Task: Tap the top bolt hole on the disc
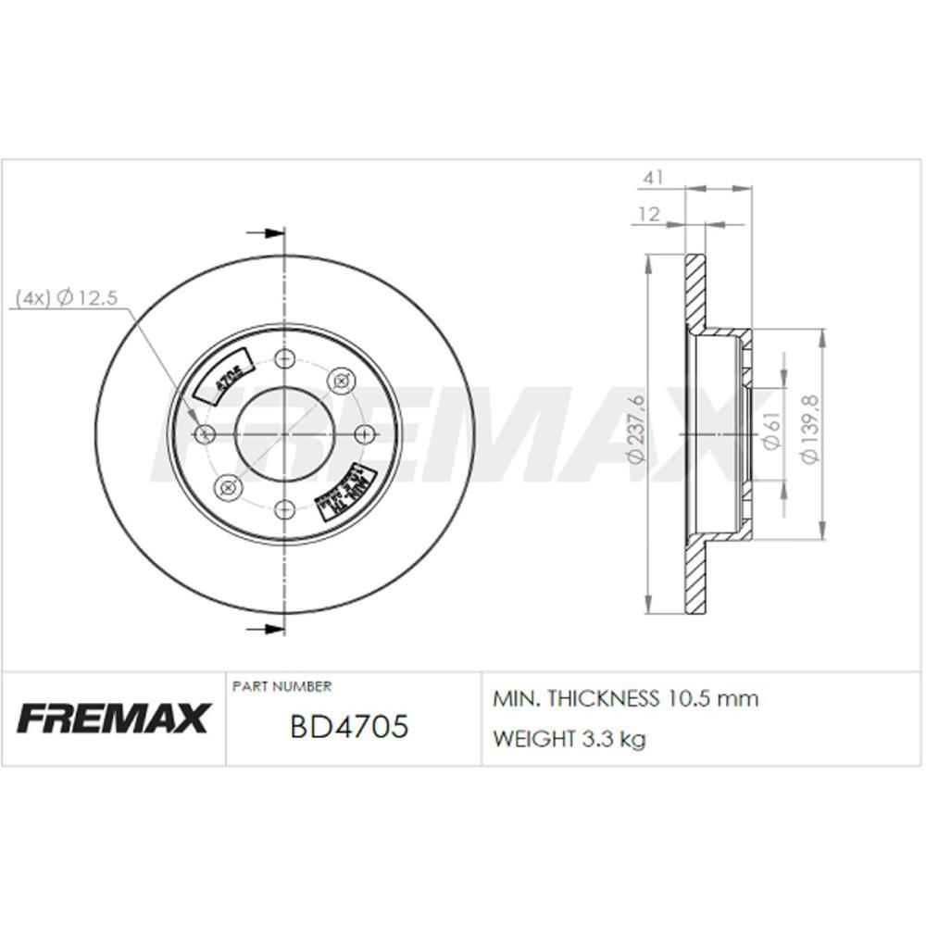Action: click(x=285, y=358)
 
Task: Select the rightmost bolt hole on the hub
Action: click(x=364, y=433)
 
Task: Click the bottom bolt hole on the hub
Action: click(x=285, y=508)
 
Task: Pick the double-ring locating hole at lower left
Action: click(x=226, y=486)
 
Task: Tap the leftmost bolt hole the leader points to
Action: click(x=206, y=433)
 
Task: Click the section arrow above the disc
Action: click(x=265, y=233)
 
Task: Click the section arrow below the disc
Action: click(x=265, y=630)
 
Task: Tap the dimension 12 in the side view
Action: click(x=649, y=214)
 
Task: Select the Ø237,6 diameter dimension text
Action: click(x=635, y=429)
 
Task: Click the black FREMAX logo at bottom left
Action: click(x=113, y=718)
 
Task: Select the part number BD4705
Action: click(x=349, y=727)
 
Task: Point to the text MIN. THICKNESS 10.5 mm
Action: click(x=626, y=699)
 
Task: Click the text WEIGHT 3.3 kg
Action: click(x=569, y=739)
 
